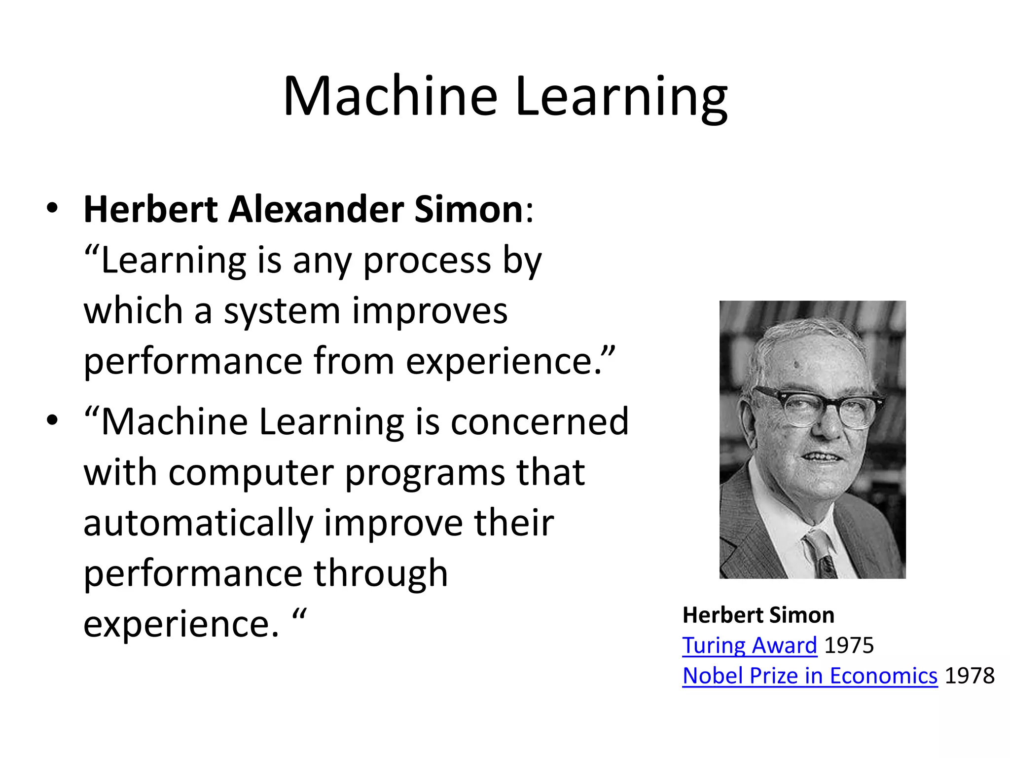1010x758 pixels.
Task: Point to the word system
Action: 282,311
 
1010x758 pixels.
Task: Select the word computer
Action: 252,473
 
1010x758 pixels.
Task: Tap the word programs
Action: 425,473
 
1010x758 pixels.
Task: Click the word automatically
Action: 198,524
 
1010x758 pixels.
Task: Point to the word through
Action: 381,574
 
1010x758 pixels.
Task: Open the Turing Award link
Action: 750,645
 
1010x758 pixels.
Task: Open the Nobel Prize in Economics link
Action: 810,676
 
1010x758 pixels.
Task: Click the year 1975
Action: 849,645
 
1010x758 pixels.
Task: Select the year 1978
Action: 970,676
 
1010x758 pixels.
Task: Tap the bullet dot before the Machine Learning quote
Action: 52,420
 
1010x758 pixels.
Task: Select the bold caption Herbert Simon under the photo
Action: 758,615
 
